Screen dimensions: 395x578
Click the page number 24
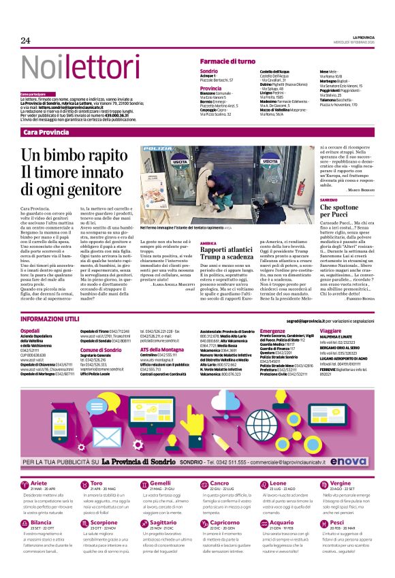coord(25,40)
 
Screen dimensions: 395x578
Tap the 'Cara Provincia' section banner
coord(46,131)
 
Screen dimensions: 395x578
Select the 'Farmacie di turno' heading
coord(227,61)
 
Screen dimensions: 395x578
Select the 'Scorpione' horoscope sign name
coord(104,523)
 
